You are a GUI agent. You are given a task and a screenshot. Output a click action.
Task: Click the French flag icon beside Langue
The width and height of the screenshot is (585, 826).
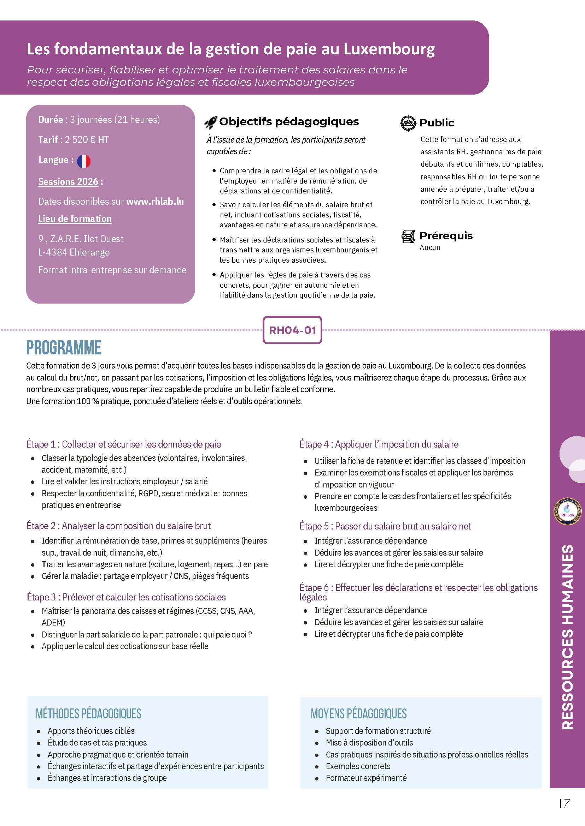pos(83,161)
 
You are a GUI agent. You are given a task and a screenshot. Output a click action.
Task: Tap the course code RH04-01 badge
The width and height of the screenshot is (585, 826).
pos(292,330)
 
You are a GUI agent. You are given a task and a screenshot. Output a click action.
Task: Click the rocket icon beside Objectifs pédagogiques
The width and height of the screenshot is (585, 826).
pos(211,123)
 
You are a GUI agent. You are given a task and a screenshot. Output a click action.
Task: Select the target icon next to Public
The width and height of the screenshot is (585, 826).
pos(408,123)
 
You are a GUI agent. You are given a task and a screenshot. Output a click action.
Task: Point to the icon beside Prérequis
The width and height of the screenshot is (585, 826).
pos(408,237)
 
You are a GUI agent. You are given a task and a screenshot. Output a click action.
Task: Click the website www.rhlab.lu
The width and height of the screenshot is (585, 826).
pos(155,202)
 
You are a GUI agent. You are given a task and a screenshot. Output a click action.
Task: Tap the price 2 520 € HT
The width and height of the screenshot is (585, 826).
pos(87,139)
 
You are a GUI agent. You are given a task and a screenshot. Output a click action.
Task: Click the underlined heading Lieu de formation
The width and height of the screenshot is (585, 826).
pos(75,219)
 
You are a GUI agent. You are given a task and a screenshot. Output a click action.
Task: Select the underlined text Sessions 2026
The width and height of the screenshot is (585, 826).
pos(68,182)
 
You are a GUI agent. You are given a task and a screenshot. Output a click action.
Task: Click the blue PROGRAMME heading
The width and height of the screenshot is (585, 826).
pos(64,348)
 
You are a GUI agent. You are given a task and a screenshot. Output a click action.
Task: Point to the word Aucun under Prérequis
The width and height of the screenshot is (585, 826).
pos(430,247)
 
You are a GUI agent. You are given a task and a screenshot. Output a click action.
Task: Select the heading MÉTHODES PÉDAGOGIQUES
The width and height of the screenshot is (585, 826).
pos(89,713)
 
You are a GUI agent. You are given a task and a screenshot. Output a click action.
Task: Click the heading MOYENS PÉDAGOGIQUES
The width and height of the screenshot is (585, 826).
pos(358,713)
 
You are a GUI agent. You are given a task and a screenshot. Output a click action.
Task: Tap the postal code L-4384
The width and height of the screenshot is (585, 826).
pos(53,252)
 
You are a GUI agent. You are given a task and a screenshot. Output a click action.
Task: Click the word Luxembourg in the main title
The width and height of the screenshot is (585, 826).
pos(389,49)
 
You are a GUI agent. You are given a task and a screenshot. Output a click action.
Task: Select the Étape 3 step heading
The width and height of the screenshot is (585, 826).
pos(126,597)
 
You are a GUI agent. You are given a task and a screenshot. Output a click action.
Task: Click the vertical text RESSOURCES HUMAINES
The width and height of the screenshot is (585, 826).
pos(567,637)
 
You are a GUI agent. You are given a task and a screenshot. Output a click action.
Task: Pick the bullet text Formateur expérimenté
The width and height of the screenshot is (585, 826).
pos(366,778)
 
